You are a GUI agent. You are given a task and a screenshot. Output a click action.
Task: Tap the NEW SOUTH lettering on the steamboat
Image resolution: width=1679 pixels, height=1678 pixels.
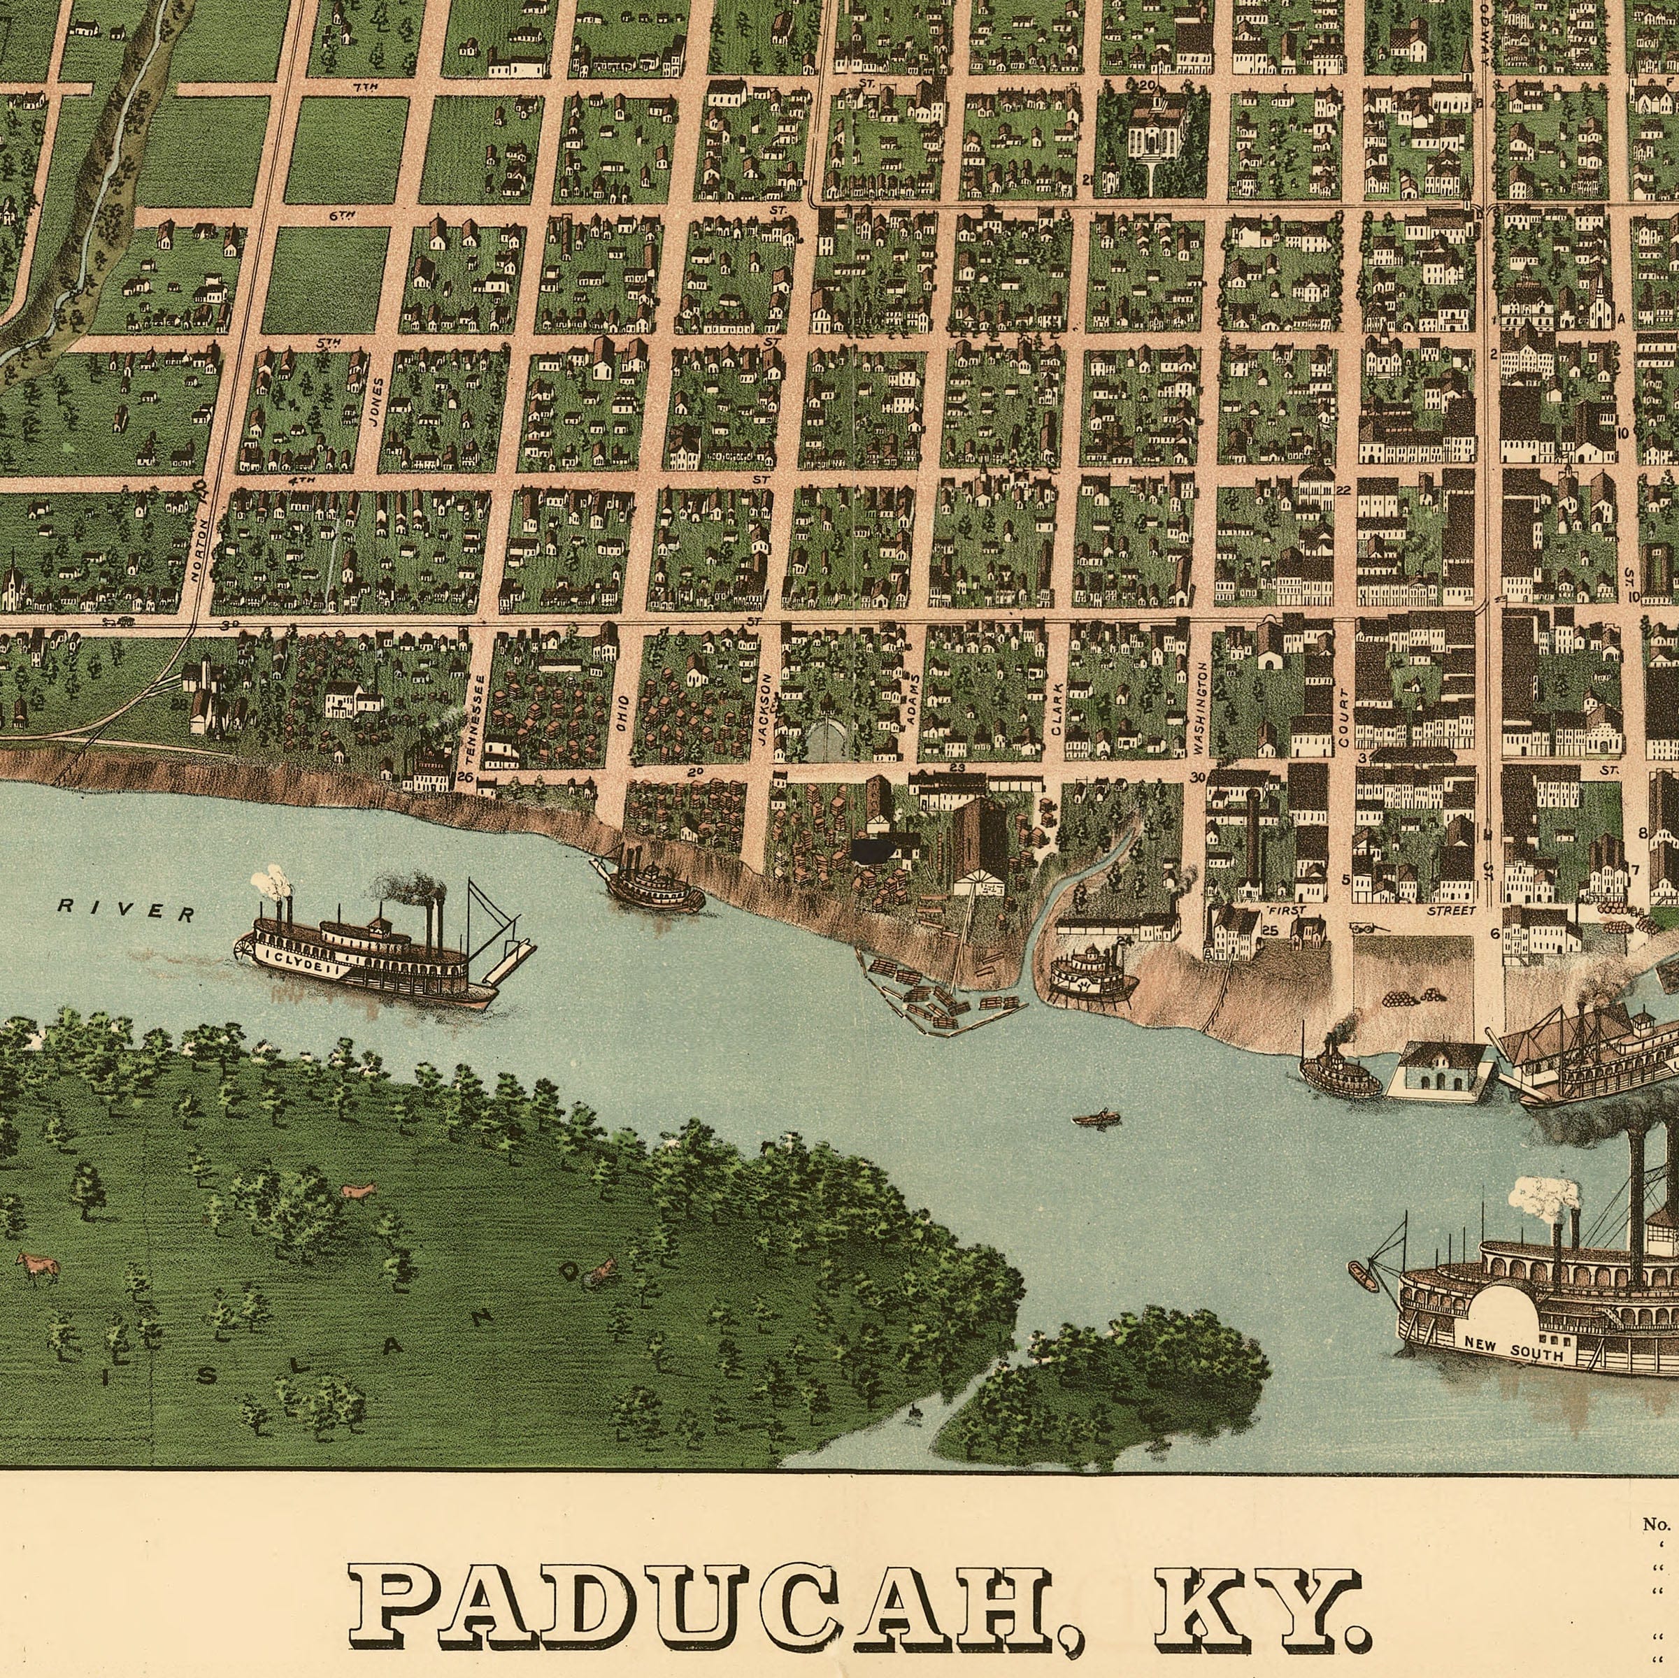tap(1513, 1349)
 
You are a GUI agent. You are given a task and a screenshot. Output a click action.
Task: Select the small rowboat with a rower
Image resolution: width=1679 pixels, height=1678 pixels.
tap(1096, 1119)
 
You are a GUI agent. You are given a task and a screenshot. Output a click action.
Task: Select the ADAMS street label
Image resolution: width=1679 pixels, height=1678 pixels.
tap(910, 701)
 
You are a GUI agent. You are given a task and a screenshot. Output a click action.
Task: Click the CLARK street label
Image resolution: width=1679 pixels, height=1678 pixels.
tap(1057, 709)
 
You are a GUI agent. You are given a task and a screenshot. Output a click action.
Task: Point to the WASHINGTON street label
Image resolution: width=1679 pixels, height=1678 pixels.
tap(1199, 708)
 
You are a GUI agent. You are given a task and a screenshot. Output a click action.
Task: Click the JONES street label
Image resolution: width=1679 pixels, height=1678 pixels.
tap(376, 401)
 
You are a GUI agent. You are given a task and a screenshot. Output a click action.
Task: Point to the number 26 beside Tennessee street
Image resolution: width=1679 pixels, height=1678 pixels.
tap(464, 777)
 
